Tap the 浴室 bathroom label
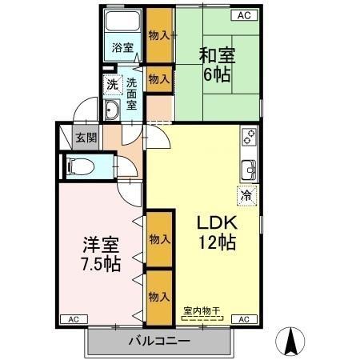122,48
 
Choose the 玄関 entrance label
86,137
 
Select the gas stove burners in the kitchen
250,137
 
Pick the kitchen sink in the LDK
249,170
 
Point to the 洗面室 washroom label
131,91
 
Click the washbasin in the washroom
112,110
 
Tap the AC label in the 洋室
73,319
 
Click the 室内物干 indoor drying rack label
201,310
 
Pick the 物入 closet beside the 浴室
159,35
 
